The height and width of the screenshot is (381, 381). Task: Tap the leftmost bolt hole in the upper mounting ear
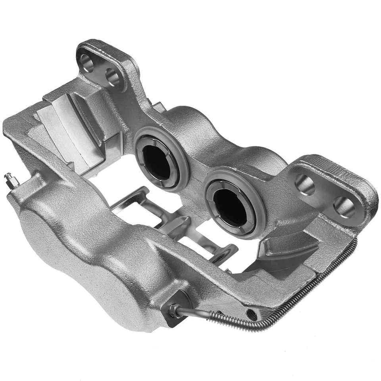click(87, 62)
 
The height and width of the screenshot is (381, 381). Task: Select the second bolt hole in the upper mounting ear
click(113, 77)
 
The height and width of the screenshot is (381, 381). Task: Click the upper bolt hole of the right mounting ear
click(305, 185)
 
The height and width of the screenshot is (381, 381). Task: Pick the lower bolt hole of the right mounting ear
click(344, 207)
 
